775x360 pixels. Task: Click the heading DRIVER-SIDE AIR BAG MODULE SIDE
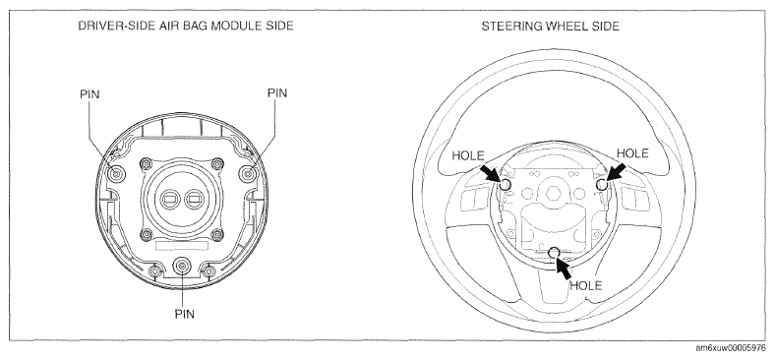[x=186, y=26]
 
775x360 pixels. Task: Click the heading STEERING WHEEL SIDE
[x=550, y=27]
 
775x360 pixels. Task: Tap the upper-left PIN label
[x=89, y=94]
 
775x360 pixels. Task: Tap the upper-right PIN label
[x=276, y=93]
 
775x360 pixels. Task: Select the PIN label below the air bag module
[x=184, y=314]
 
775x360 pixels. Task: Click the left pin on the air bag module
[x=117, y=173]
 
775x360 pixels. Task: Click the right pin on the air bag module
[x=247, y=173]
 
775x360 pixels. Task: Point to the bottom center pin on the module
[x=182, y=267]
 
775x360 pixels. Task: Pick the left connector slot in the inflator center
[x=170, y=200]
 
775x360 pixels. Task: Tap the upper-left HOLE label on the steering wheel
[x=468, y=155]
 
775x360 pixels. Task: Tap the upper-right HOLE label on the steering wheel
[x=632, y=153]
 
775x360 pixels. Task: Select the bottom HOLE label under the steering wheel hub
[x=586, y=285]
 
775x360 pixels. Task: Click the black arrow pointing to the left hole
[x=491, y=174]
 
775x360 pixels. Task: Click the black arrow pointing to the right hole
[x=616, y=174]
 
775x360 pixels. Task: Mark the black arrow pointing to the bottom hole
[x=564, y=268]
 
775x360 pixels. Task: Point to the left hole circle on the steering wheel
[x=506, y=185]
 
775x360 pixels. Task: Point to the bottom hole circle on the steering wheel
[x=555, y=252]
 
